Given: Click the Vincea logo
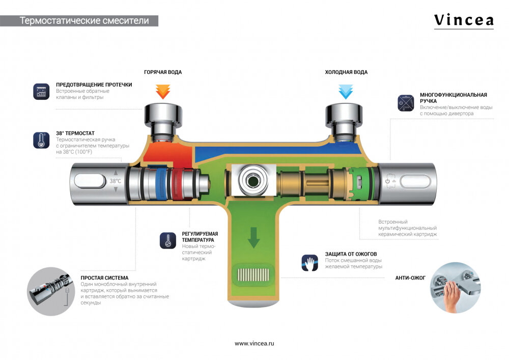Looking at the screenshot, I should (463, 20).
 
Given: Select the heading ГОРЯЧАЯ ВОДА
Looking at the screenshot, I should (163, 72).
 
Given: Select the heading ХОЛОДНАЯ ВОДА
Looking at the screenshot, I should (346, 72).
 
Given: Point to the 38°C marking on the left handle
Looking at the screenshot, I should (116, 181).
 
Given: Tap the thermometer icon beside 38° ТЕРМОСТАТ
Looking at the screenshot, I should (40, 140).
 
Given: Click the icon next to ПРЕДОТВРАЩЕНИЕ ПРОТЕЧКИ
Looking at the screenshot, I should (40, 91).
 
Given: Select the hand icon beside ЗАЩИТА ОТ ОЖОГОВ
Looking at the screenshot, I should (309, 262).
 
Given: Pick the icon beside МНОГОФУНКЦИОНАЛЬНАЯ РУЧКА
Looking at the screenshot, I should (405, 102).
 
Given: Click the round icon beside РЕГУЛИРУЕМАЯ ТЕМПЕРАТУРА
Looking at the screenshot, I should (167, 240).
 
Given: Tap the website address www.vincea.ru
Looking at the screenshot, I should (254, 344).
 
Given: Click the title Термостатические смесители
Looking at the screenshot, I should (84, 21).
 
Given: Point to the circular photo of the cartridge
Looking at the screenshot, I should (51, 292).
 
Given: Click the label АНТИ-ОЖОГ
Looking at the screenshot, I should (410, 278).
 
